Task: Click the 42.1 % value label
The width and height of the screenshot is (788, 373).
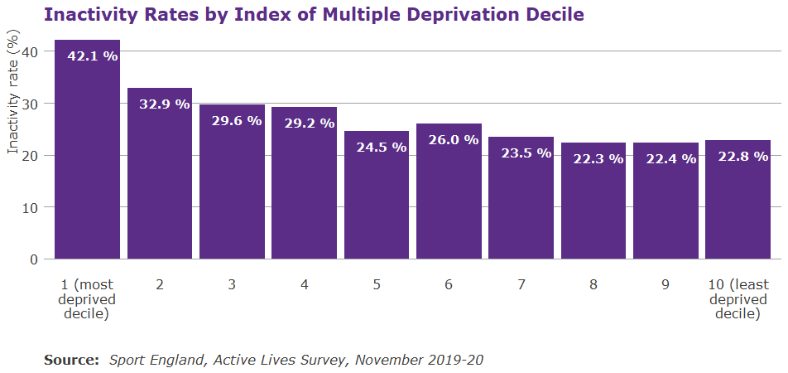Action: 93,57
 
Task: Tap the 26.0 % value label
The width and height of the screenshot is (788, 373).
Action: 454,140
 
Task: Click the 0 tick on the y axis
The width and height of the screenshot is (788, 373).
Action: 35,259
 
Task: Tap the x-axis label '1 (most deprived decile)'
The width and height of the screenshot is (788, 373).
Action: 87,299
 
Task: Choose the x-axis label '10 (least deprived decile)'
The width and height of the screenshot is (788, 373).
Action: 738,299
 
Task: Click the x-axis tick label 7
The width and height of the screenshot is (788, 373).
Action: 521,284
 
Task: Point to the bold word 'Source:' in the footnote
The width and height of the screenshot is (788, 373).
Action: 71,360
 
